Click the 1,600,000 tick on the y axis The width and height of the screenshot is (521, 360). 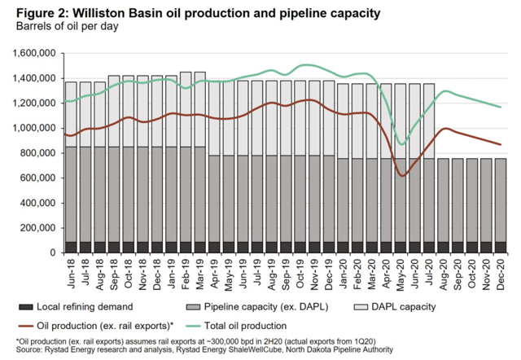coord(33,54)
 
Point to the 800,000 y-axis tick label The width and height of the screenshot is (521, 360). coord(36,153)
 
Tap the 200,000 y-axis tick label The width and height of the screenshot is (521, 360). coord(36,228)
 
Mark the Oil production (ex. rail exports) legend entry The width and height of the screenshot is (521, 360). coord(130,323)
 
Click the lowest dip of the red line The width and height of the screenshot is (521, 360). coord(401,175)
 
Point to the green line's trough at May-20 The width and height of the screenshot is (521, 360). coord(401,144)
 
